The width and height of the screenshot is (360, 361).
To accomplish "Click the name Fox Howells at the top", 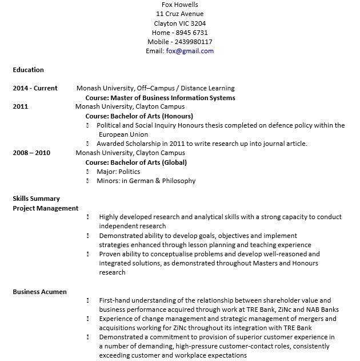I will [x=180, y=5].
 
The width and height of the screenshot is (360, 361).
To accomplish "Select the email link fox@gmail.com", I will [x=190, y=51].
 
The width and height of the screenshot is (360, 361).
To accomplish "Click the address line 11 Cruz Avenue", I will [x=179, y=14].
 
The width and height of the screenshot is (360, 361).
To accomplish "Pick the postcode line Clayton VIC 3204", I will [x=180, y=23].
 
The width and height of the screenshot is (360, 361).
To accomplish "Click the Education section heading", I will [x=28, y=70].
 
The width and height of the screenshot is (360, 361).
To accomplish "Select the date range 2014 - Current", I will [x=35, y=88].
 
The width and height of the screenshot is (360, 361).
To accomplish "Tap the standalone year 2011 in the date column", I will [x=20, y=106].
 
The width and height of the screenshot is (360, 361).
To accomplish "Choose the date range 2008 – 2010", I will [x=31, y=153].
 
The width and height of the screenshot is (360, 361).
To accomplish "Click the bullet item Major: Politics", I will [x=118, y=172].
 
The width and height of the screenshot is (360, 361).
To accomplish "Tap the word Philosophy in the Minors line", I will [x=177, y=181].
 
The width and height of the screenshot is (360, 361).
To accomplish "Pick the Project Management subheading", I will [x=46, y=208].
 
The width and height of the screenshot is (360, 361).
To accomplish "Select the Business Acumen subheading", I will [x=39, y=292].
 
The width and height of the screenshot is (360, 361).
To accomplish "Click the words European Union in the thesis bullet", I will [x=123, y=134].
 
